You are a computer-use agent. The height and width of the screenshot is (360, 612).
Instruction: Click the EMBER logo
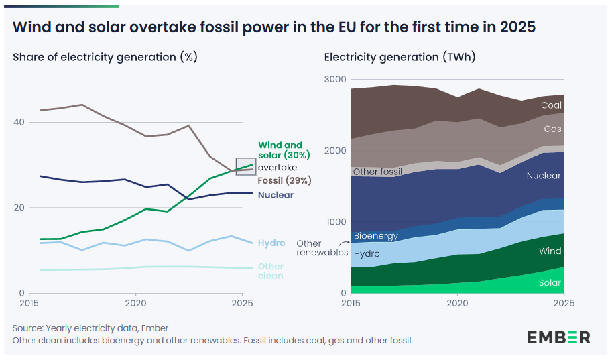558,337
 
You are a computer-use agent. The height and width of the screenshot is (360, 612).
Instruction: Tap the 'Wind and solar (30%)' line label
280,149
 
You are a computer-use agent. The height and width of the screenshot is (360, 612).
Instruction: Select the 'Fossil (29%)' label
285,180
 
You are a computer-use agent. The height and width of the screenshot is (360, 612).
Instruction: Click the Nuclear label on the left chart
276,195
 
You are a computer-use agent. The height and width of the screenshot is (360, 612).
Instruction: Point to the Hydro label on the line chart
271,243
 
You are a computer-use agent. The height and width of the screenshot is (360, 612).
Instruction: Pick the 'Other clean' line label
271,271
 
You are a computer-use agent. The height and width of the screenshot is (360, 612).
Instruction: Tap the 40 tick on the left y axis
19,122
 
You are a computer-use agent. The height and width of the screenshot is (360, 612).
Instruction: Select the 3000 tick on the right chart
335,80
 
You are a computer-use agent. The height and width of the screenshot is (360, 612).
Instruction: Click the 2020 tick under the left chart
136,303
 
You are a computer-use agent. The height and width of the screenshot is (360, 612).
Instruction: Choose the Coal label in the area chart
551,105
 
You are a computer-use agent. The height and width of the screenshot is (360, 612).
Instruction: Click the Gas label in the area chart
552,129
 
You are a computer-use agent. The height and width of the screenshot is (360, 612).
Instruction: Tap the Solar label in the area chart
550,283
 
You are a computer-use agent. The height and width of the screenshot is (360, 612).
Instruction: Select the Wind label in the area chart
550,251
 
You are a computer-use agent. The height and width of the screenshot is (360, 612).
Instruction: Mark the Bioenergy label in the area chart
375,236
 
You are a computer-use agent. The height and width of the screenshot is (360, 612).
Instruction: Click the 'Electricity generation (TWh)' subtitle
400,57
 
